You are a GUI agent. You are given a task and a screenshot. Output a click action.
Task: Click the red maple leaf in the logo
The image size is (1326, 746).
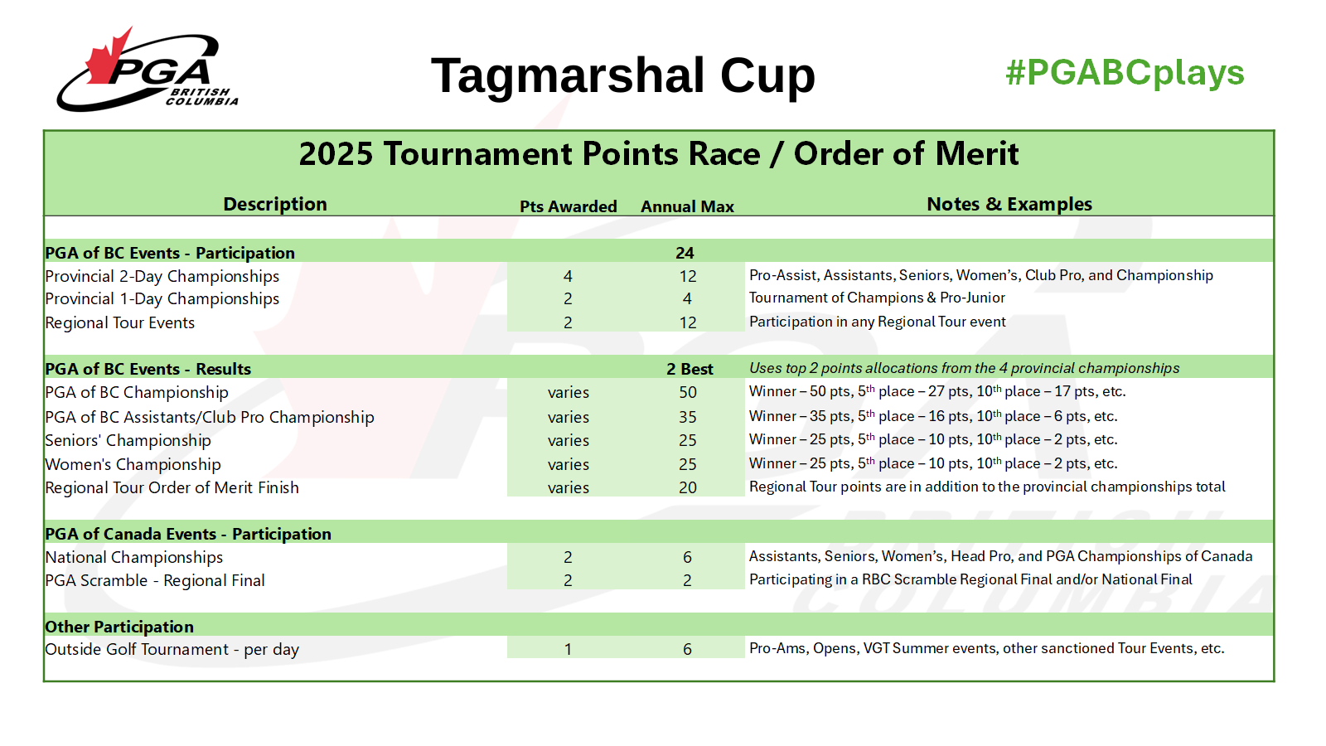point(109,58)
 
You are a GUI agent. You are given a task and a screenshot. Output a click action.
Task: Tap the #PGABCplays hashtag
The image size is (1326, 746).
point(1125,74)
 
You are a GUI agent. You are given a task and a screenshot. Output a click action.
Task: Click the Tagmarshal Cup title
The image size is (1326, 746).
point(622,75)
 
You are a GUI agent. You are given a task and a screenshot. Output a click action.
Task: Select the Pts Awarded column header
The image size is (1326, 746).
point(569,206)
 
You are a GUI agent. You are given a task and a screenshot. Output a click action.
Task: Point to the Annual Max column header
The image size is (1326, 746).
point(687,206)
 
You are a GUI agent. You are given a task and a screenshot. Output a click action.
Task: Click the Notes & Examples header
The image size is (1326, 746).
point(1009,204)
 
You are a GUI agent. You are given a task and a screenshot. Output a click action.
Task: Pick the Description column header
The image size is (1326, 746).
point(275,204)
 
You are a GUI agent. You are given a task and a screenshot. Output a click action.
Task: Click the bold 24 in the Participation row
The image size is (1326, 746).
point(685,253)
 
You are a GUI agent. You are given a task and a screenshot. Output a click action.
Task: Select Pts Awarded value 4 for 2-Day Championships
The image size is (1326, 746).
point(568,276)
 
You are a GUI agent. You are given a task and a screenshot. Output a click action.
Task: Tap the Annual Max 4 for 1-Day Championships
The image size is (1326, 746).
point(687,298)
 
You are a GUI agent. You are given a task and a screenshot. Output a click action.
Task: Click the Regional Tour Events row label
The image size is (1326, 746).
point(119,322)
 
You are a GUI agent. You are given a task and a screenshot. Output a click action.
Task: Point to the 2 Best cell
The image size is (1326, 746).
point(690,369)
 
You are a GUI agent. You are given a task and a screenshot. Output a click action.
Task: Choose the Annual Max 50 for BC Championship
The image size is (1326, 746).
point(688,392)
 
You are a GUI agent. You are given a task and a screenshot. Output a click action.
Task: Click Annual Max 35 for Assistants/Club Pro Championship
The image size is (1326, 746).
point(688,417)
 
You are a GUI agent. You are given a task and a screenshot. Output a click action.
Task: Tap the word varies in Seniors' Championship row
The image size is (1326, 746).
point(569,440)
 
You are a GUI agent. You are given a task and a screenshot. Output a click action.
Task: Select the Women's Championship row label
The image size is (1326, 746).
point(133,464)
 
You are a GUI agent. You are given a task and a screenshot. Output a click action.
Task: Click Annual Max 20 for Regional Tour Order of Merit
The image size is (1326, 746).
point(688,487)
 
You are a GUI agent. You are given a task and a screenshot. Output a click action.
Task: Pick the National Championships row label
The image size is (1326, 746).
point(133,557)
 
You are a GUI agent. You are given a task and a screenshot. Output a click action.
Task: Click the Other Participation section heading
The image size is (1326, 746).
point(119,627)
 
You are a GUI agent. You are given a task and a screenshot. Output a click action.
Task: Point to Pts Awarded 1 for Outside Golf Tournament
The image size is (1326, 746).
point(568,650)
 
